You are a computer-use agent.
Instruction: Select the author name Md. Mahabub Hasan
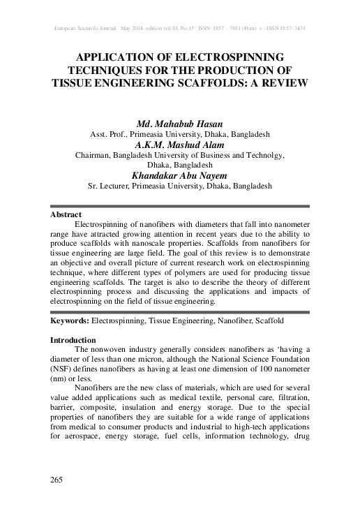click(x=179, y=123)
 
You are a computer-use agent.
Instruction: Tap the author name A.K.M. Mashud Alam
click(x=179, y=145)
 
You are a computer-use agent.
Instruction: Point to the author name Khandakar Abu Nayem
click(x=179, y=176)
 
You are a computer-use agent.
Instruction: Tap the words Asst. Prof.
click(x=109, y=133)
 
